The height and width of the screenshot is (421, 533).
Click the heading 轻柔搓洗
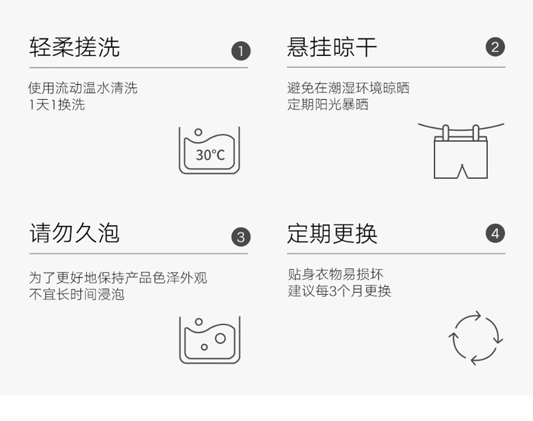pos(74,47)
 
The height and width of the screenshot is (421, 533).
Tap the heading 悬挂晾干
pos(332,47)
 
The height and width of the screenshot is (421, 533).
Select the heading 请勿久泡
pos(74,233)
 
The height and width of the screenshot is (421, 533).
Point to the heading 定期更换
pos(332,233)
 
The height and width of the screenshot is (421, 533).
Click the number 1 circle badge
pos(241,51)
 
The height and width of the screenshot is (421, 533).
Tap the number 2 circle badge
pos(495,47)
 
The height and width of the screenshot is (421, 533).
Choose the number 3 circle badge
pos(241,237)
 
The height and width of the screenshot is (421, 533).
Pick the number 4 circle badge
pos(495,233)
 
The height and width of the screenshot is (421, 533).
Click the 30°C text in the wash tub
pos(210,155)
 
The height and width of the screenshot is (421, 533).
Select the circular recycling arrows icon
pos(476,337)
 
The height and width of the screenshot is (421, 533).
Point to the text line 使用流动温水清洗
pos(82,88)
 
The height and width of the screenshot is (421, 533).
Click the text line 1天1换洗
pos(57,105)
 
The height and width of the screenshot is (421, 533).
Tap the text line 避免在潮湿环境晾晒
pos(348,88)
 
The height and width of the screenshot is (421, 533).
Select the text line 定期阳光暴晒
pos(328,105)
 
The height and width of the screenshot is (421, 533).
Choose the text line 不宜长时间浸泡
pos(76,294)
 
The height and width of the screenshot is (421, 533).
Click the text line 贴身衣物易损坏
pos(335,275)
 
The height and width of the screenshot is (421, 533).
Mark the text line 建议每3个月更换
pos(339,291)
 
